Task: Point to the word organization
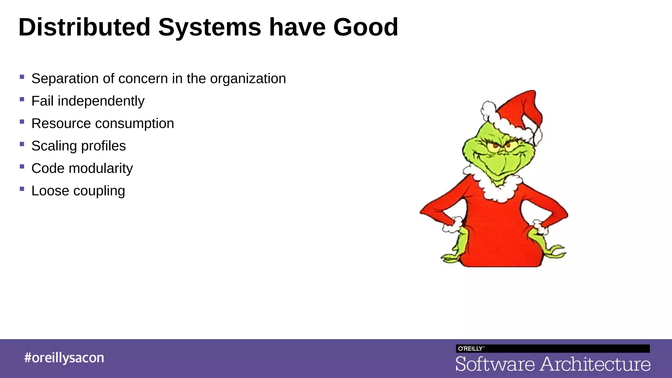[248, 79]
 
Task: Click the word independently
[101, 101]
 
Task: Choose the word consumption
[135, 124]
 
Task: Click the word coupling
[99, 191]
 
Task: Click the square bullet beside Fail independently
[22, 99]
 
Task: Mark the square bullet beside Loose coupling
[22, 189]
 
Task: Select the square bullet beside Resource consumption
[22, 121]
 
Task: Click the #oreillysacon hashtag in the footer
[64, 358]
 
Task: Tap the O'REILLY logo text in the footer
[470, 348]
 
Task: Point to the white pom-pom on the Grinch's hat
[489, 110]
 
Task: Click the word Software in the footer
[495, 364]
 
